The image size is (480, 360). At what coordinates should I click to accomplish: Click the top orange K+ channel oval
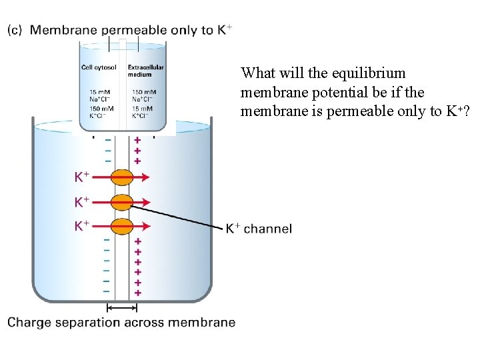click(122, 177)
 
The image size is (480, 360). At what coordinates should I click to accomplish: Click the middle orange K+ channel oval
click(122, 201)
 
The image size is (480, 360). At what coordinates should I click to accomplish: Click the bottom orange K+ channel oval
click(122, 225)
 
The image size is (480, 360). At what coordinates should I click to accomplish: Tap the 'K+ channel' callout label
click(259, 229)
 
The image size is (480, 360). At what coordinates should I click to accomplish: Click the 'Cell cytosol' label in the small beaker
click(99, 67)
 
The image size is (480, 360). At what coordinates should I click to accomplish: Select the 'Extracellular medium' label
click(145, 71)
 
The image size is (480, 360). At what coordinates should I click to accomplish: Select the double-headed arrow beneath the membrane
click(122, 308)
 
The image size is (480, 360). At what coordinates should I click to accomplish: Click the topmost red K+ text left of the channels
click(81, 177)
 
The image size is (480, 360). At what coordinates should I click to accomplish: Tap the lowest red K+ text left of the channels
click(81, 225)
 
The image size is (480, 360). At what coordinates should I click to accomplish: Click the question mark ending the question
click(465, 111)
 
